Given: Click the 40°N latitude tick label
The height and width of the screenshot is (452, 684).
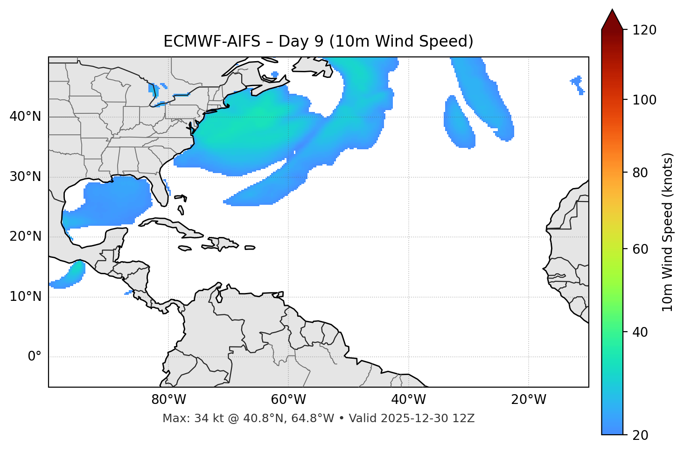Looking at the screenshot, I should (x=25, y=117).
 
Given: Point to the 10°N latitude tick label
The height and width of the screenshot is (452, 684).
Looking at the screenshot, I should (x=25, y=297).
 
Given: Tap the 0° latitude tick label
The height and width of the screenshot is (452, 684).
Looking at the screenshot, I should (x=34, y=357).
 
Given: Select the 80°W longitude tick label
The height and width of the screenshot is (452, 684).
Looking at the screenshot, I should (x=168, y=400).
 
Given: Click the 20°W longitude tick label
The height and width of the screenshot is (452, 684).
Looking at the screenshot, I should (x=529, y=400).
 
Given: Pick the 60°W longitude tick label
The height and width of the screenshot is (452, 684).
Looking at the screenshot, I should (x=288, y=400).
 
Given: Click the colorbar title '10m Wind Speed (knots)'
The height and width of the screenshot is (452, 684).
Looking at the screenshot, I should (x=668, y=232).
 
